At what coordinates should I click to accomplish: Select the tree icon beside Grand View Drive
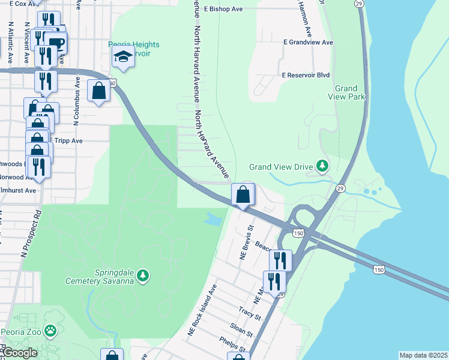point(323,165)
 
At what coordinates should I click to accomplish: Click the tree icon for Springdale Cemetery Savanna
point(143,275)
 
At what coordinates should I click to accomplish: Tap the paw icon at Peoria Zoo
point(53,329)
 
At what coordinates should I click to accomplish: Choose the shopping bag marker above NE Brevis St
point(243,195)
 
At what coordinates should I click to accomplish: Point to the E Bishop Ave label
point(223,9)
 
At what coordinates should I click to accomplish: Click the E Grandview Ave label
point(308,43)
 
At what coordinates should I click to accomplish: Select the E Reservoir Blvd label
point(306,76)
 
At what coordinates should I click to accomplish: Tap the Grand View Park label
point(346,92)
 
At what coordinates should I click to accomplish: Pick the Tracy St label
point(250,313)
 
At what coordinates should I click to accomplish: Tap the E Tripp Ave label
point(65,140)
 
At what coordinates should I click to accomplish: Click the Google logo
point(19,353)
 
